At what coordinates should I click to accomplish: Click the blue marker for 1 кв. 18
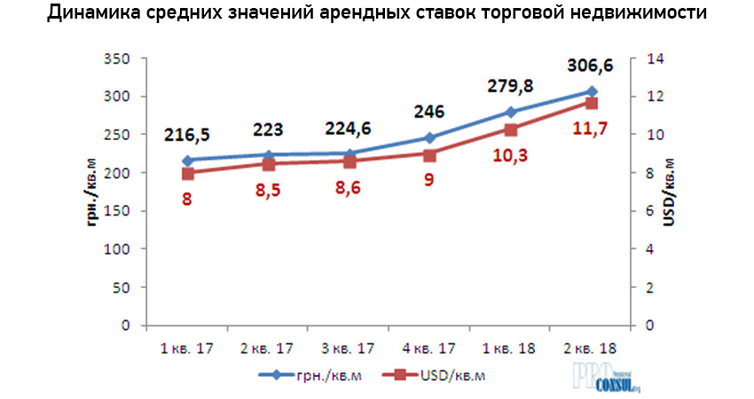click(x=510, y=112)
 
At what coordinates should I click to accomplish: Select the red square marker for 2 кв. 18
click(x=590, y=103)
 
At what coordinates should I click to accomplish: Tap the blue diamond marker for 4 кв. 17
click(x=429, y=137)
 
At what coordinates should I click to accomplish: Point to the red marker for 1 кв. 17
click(x=187, y=173)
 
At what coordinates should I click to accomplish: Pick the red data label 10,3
click(x=508, y=156)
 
